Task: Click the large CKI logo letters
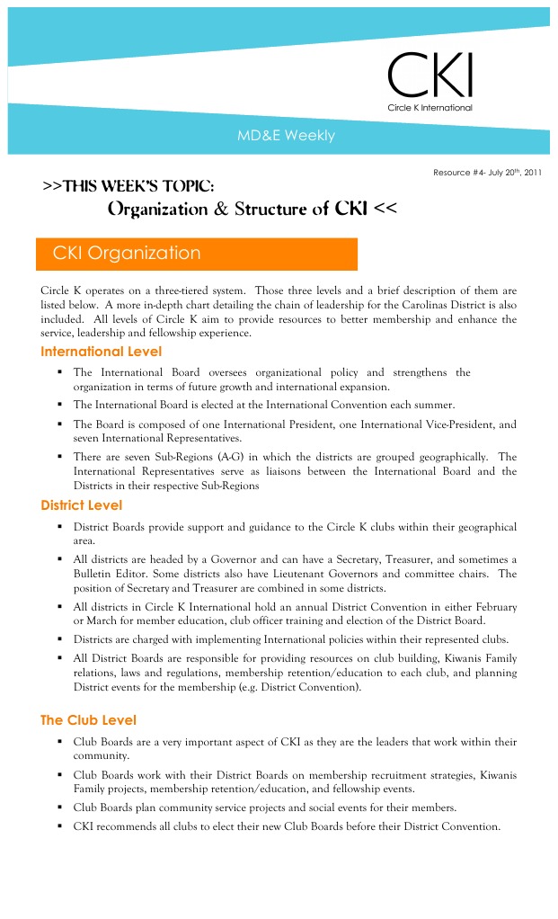pyautogui.click(x=430, y=76)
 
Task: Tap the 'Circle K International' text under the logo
pyautogui.click(x=430, y=108)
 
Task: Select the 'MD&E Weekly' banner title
pyautogui.click(x=286, y=137)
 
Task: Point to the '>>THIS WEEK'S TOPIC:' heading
pyautogui.click(x=128, y=186)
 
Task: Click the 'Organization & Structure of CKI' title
pyautogui.click(x=252, y=210)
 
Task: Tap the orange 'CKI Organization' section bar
pyautogui.click(x=197, y=254)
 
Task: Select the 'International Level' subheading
pyautogui.click(x=101, y=352)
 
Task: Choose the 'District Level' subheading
pyautogui.click(x=81, y=505)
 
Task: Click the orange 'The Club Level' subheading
pyautogui.click(x=88, y=720)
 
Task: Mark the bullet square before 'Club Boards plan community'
pyautogui.click(x=58, y=807)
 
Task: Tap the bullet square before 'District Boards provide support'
pyautogui.click(x=58, y=527)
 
